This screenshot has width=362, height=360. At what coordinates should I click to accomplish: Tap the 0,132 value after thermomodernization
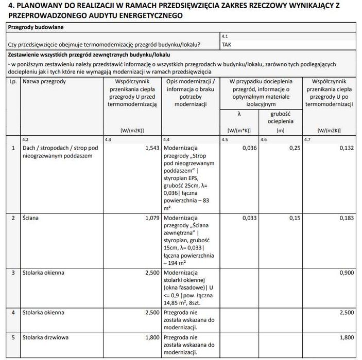pyautogui.click(x=344, y=148)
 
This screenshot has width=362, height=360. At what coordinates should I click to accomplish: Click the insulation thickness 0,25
pyautogui.click(x=294, y=148)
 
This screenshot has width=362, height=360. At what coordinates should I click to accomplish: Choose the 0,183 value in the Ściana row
pyautogui.click(x=344, y=218)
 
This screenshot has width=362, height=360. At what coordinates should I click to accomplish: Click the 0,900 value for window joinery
pyautogui.click(x=344, y=272)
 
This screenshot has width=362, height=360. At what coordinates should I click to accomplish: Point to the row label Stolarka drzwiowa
pyautogui.click(x=45, y=338)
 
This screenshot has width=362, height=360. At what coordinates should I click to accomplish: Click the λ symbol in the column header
pyautogui.click(x=238, y=114)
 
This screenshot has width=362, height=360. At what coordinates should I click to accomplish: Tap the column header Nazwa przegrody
pyautogui.click(x=44, y=82)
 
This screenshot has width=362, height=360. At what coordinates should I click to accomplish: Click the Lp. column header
pyautogui.click(x=13, y=82)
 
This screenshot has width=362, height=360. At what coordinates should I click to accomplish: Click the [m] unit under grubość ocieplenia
pyautogui.click(x=281, y=131)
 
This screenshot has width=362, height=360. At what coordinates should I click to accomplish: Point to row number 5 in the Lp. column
pyautogui.click(x=13, y=338)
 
